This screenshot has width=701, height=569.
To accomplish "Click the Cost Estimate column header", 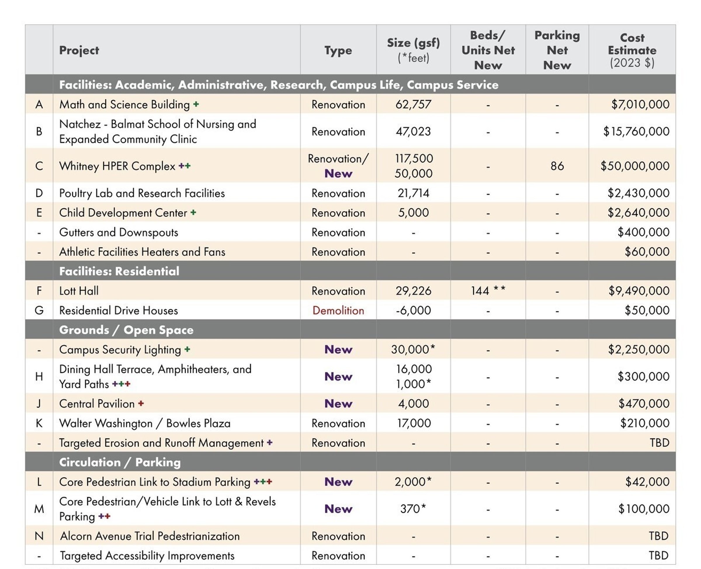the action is [x=632, y=50].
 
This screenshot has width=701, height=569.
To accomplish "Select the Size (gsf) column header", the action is [x=413, y=50].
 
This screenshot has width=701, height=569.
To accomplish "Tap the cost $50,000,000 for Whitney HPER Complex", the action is [x=635, y=166].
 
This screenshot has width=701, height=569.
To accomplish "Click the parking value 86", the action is [x=557, y=166].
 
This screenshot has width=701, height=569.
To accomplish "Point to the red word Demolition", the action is [x=338, y=310].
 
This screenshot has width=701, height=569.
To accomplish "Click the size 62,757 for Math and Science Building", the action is [x=413, y=105].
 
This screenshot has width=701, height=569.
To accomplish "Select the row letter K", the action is [x=39, y=423].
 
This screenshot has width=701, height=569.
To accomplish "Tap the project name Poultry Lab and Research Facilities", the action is [x=142, y=193].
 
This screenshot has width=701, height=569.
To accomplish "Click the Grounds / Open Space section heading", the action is [x=126, y=330].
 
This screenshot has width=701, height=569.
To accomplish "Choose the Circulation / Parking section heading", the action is [x=120, y=462].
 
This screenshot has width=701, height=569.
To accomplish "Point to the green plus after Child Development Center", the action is [x=193, y=212].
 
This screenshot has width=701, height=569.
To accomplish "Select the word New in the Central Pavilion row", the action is [x=338, y=404].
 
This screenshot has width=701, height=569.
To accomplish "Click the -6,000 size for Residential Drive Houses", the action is [x=413, y=310].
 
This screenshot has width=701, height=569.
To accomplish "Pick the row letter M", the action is [x=39, y=509].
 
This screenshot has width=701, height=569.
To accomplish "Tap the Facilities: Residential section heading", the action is [x=119, y=271].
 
